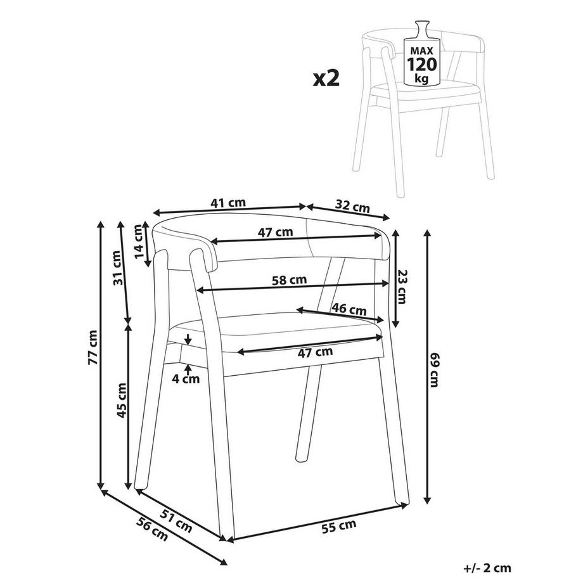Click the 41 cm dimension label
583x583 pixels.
[x=227, y=203]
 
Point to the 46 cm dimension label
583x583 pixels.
[x=349, y=310]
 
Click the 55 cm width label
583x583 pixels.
[x=339, y=525]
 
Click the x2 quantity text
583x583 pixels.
[x=326, y=79]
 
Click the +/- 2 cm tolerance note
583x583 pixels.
[x=487, y=568]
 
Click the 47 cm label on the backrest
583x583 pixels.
[x=276, y=232]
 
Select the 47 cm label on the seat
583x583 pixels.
[x=315, y=352]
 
